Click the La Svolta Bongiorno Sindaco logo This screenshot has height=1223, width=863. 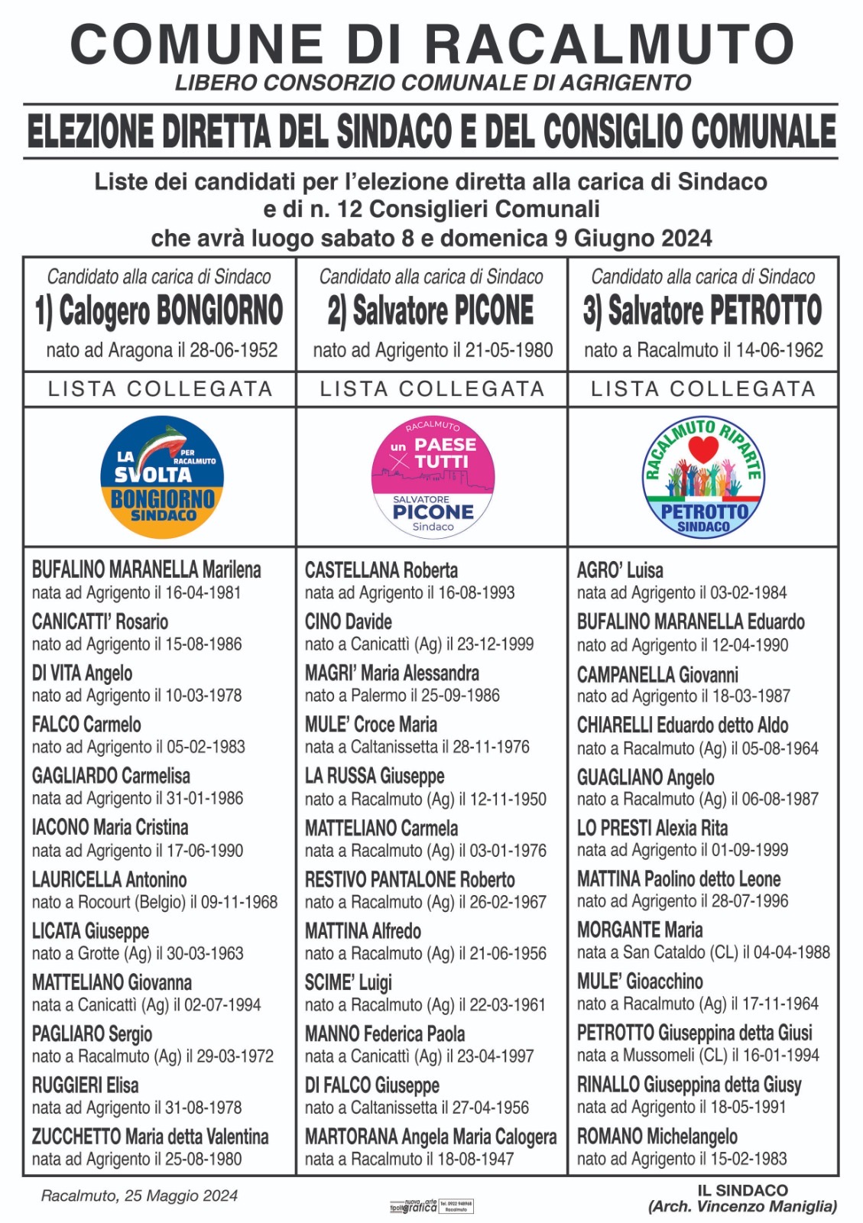pos(162,477)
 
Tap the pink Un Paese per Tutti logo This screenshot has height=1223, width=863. pos(433,477)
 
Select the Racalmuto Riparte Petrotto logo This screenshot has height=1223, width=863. pos(703,477)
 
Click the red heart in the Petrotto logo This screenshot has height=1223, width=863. pos(702,452)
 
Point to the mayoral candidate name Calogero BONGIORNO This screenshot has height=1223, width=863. pos(159,310)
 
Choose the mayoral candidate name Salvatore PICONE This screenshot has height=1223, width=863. pos(431,310)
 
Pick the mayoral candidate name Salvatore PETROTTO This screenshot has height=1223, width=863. pos(702,310)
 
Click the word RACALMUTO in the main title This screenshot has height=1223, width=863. pos(609,44)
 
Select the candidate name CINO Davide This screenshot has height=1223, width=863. pos(349,621)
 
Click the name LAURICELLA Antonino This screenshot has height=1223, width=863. pos(109,879)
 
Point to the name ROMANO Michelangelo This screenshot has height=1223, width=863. pos(657,1136)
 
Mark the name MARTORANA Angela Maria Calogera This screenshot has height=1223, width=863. pos(430,1137)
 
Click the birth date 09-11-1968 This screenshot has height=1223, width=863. pos(239,902)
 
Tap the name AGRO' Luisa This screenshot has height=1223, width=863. pos(620,570)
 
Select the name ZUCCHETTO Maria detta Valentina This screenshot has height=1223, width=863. pos(150,1137)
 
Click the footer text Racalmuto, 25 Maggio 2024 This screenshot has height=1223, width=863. pos(139,1195)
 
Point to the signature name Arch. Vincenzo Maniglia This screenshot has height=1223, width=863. pos(742,1207)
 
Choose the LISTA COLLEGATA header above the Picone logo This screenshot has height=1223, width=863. pos(432,389)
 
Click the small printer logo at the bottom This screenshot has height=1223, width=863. pos(432,1206)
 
